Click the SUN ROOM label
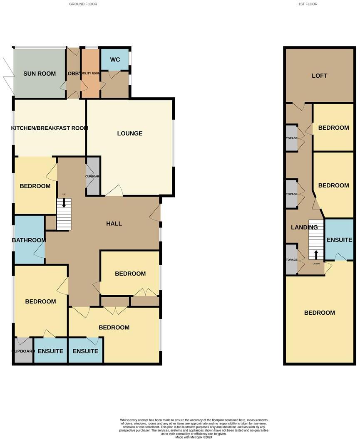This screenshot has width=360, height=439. click(40, 74)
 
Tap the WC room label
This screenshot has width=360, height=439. click(115, 59)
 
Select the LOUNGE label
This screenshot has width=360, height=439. click(130, 133)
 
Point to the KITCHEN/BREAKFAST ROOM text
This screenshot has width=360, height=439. click(50, 128)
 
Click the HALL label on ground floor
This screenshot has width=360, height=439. click(114, 224)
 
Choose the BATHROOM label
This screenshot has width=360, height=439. click(29, 240)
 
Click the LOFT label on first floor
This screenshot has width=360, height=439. click(320, 76)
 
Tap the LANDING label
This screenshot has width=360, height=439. click(304, 227)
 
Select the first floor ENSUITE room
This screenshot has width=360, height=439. click(339, 240)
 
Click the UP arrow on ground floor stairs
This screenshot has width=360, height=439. click(64, 203)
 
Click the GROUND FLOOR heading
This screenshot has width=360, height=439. click(84, 4)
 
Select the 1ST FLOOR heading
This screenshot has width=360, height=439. click(308, 4)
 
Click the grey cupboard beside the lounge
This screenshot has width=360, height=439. click(93, 176)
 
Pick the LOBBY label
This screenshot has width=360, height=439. click(73, 74)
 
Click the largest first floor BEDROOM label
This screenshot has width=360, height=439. click(319, 313)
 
